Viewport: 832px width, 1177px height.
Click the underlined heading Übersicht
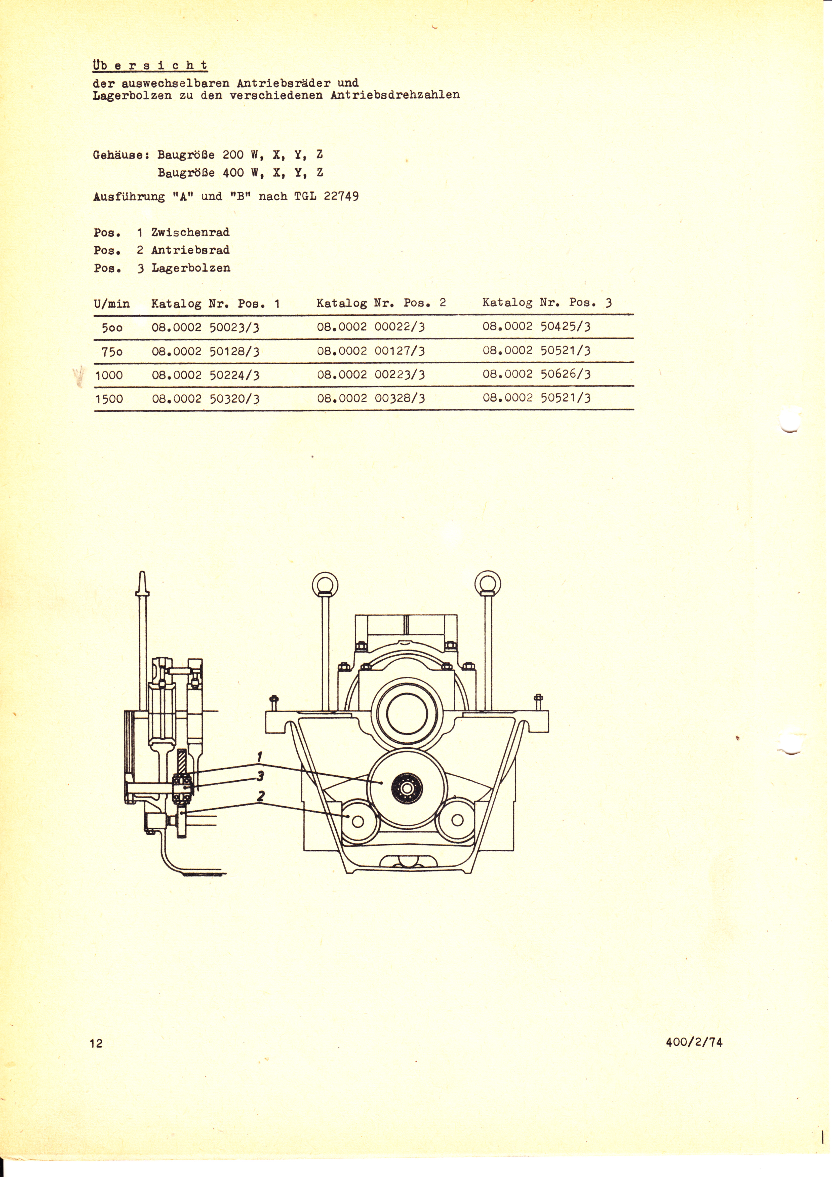150,66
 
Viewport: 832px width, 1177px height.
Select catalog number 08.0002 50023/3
206,327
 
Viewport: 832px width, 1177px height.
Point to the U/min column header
112,304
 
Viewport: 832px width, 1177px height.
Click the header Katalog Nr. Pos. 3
547,303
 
